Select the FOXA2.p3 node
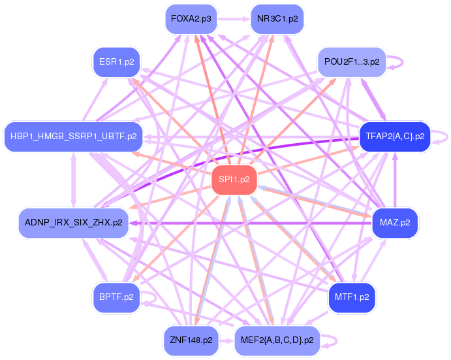point(191,19)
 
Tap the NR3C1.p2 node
point(277,19)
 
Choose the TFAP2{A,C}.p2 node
point(394,137)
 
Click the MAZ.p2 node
point(394,222)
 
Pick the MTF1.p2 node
point(352,297)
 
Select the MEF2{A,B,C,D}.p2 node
point(277,340)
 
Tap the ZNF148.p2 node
point(191,340)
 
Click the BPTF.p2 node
point(116,297)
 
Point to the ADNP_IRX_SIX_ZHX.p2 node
point(73,222)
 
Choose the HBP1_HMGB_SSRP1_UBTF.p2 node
point(73,137)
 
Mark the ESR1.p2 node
point(116,61)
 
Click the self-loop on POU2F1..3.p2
point(399,61)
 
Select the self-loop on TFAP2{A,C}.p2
point(444,137)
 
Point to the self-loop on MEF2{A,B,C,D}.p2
point(334,340)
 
